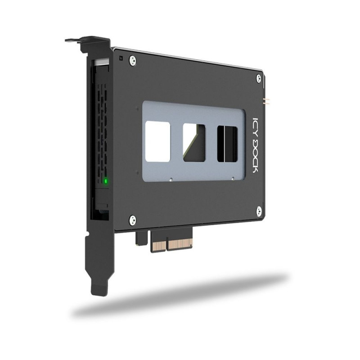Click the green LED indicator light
click(106, 181)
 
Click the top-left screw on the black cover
click(132, 61)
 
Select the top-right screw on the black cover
click(258, 78)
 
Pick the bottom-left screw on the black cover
click(132, 220)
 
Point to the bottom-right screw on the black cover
click(259, 211)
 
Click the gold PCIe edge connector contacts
click(172, 244)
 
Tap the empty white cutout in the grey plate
click(158, 141)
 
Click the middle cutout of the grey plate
click(194, 143)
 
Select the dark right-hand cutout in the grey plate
click(227, 144)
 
